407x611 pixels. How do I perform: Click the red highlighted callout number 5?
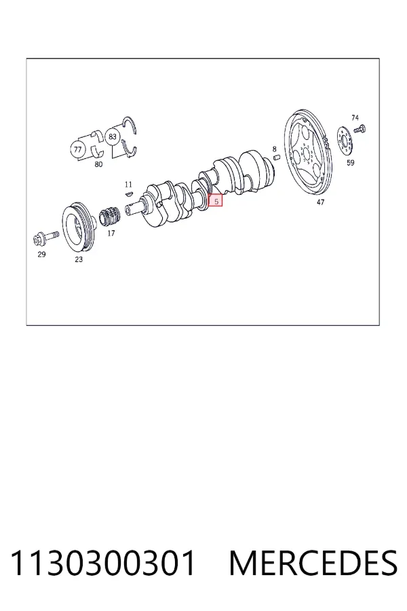tap(216, 201)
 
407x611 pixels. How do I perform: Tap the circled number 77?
tap(77, 149)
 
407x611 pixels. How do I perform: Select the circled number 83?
tap(112, 136)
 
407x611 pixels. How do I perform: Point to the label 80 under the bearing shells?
tap(98, 164)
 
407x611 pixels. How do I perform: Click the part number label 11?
tap(128, 184)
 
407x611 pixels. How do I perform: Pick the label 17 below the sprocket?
tap(111, 234)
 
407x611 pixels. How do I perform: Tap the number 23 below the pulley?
tap(79, 259)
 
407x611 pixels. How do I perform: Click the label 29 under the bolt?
tap(41, 255)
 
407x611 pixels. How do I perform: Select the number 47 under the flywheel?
tap(320, 202)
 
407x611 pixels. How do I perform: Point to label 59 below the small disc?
tap(351, 162)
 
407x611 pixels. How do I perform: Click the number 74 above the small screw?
tap(355, 117)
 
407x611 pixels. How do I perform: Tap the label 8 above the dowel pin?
tap(274, 149)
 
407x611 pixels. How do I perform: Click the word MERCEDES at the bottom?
tap(313, 563)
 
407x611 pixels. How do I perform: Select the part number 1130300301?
tap(103, 563)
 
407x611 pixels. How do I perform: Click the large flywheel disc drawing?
tap(309, 152)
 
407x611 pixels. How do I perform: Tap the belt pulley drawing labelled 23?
tap(79, 227)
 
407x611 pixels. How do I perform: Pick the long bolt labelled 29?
tap(46, 238)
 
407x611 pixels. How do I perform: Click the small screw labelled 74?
tap(360, 129)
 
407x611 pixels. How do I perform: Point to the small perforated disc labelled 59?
tap(345, 142)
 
